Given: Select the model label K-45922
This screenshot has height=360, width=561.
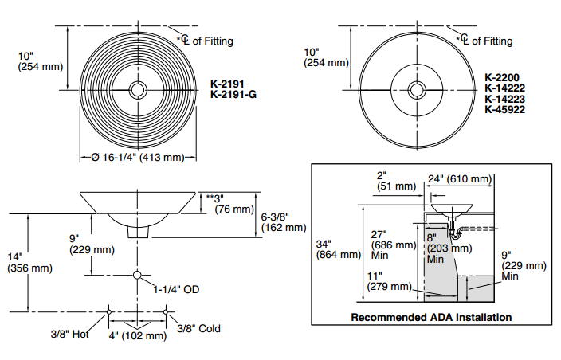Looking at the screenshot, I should (x=505, y=110).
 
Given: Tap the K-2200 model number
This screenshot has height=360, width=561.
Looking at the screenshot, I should (x=502, y=78).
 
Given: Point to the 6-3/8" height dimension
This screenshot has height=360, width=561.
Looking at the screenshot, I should (x=283, y=221).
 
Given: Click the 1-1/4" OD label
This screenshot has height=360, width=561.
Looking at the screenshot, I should (x=176, y=289).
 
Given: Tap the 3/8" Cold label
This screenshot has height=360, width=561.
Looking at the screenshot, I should (x=198, y=328).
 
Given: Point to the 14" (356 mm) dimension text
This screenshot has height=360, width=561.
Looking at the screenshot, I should (x=28, y=262).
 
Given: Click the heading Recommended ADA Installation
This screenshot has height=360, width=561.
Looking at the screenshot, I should (x=431, y=317).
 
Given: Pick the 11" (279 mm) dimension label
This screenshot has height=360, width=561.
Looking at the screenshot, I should (x=390, y=280).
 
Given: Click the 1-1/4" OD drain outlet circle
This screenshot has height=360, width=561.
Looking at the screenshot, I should (x=137, y=276).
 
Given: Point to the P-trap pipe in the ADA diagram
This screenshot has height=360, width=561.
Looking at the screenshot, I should (x=457, y=233).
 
